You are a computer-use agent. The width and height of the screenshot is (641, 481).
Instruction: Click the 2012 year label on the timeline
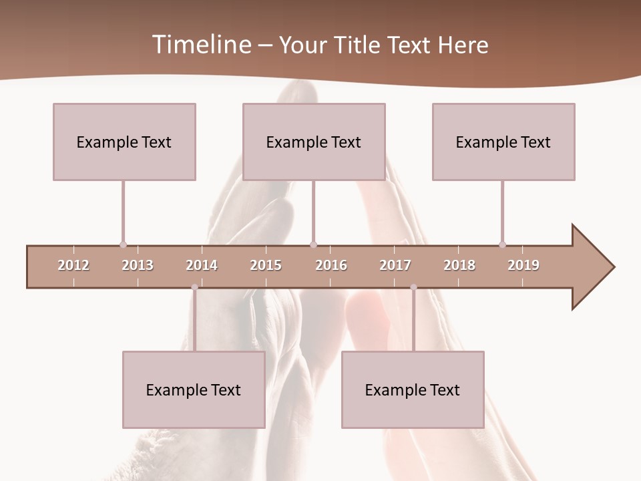point(73,265)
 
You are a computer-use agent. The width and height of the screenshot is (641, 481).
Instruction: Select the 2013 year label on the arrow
point(138,265)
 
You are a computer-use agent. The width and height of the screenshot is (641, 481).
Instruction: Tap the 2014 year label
point(202,265)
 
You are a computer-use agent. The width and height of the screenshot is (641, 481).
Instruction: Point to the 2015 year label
point(266,265)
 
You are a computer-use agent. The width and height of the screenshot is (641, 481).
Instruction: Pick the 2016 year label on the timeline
point(331,265)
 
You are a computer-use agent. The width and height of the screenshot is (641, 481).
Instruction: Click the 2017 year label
point(395,265)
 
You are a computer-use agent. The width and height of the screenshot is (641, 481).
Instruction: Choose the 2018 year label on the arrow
point(459,265)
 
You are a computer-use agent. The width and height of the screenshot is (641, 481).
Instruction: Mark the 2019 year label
point(523,265)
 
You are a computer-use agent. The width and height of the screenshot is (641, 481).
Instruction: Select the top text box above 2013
point(124,142)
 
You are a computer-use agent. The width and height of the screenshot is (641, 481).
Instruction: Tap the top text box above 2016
point(314,142)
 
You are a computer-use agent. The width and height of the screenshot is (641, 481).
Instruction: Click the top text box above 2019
point(503,142)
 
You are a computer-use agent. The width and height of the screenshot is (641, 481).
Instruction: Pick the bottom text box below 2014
point(194,389)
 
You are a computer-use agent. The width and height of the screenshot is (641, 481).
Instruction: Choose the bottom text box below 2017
point(413,389)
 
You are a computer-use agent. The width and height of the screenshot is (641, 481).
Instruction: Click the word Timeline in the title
point(200,45)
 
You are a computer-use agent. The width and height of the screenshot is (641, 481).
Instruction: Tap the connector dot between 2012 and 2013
point(123,245)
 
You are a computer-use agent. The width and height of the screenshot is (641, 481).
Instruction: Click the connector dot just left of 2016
point(313,245)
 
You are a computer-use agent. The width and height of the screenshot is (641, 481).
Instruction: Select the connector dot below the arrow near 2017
point(413,287)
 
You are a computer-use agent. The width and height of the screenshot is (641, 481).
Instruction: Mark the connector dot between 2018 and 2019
point(502,245)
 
